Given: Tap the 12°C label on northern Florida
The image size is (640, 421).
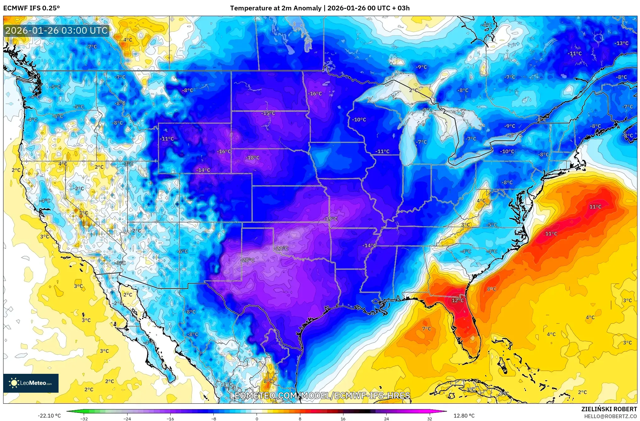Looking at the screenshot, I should (458, 300).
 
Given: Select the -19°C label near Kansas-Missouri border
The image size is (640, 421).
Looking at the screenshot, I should (331, 219).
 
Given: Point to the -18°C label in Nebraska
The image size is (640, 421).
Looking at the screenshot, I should (253, 158).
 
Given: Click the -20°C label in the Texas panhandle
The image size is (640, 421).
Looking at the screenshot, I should (248, 260).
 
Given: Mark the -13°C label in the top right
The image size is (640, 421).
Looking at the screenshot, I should (621, 43).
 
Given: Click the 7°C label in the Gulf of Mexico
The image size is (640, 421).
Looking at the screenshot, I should (427, 329).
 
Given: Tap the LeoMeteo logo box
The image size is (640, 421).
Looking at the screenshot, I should (31, 383).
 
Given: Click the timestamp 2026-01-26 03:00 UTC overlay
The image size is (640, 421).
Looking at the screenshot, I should (57, 31).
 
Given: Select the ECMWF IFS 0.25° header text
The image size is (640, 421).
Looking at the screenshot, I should (31, 8).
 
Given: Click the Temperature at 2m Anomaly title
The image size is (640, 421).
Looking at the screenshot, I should (320, 8).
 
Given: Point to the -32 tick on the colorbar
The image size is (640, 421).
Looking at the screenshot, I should (84, 419).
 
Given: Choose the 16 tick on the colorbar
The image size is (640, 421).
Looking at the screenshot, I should (343, 419).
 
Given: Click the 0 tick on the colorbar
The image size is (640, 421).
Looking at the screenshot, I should (257, 419).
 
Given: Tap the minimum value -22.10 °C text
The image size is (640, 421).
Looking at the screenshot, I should (49, 416).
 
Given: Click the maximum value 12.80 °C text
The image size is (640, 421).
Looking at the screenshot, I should (464, 416).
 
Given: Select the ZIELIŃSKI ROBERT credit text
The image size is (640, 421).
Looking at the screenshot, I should (609, 409).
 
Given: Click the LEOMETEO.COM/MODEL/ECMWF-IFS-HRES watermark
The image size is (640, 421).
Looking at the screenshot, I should (320, 396).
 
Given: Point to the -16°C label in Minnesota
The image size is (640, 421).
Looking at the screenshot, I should (315, 94).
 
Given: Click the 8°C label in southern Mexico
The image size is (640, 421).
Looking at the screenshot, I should (268, 381).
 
